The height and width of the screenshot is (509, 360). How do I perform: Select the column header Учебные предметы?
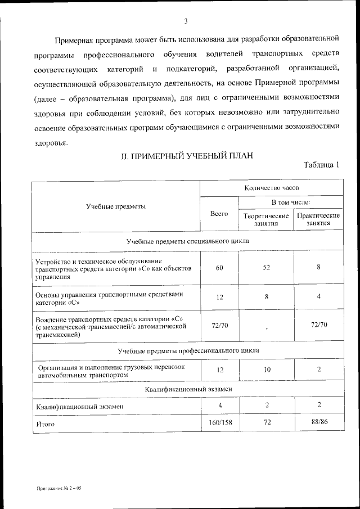(116, 206)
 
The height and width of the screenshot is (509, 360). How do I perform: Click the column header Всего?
(219, 214)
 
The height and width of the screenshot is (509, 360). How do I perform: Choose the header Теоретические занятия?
(266, 219)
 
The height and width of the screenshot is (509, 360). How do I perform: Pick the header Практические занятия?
(318, 219)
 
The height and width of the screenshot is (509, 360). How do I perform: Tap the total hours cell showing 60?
(219, 268)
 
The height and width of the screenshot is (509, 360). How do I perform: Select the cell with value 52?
(267, 268)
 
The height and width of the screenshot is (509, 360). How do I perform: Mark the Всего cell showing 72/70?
(219, 326)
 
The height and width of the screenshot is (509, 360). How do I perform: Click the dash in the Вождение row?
(267, 328)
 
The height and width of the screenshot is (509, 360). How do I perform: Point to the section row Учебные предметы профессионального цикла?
(188, 351)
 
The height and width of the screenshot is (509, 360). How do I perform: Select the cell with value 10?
(267, 370)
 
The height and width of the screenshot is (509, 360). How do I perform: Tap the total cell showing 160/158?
(219, 422)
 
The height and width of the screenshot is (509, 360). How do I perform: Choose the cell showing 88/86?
(319, 422)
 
